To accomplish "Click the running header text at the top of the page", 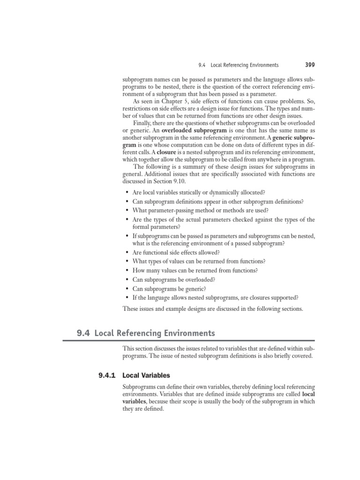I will [x=239, y=65].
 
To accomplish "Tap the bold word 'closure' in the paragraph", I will [x=166, y=152].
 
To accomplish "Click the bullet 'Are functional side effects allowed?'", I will [x=176, y=252].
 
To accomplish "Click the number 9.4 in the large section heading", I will [x=83, y=333].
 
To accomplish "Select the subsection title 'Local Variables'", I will [x=146, y=375].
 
